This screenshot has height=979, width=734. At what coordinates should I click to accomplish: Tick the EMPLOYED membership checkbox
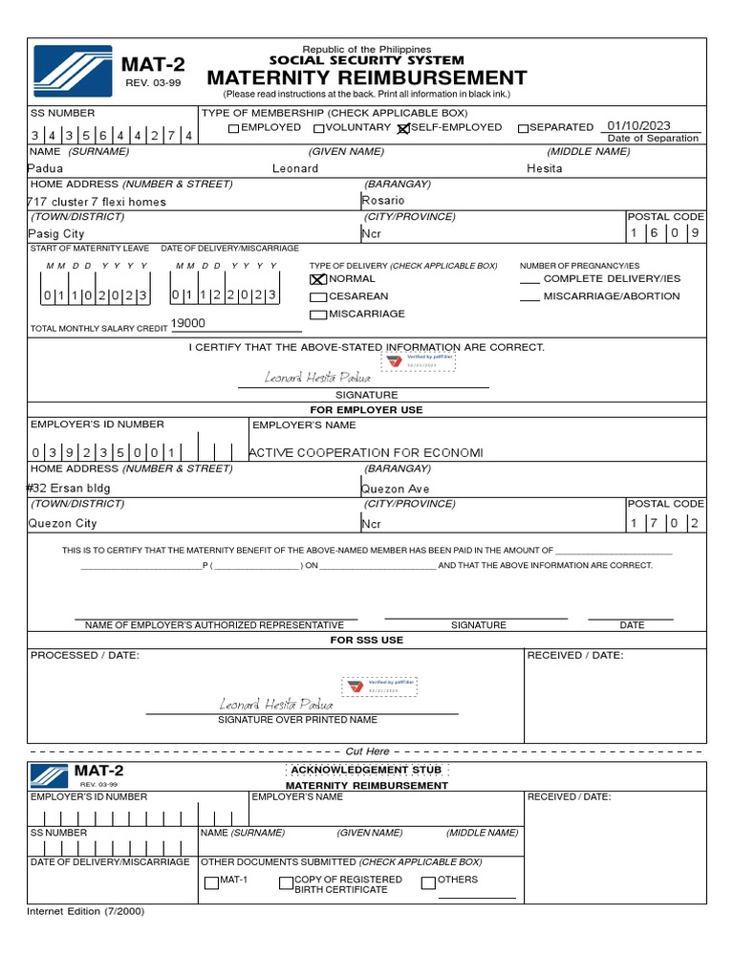[x=234, y=128]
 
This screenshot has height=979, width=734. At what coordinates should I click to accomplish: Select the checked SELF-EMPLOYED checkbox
[x=403, y=128]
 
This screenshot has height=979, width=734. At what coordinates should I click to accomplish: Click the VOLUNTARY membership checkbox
[x=319, y=128]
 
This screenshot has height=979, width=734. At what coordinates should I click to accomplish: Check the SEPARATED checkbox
[x=523, y=128]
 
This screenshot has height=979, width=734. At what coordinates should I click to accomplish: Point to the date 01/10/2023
[x=638, y=126]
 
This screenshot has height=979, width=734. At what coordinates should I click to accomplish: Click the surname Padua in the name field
[x=46, y=168]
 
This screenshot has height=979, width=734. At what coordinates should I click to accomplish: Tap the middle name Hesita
[x=545, y=168]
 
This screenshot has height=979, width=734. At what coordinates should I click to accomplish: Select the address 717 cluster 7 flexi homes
[x=97, y=202]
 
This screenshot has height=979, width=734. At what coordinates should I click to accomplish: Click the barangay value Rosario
[x=383, y=201]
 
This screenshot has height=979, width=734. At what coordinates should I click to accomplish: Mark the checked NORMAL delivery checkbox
[x=318, y=279]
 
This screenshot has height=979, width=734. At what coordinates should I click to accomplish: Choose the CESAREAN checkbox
[x=318, y=297]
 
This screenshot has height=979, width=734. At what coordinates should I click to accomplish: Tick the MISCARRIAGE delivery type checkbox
[x=318, y=315]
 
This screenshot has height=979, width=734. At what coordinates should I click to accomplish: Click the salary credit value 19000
[x=187, y=324]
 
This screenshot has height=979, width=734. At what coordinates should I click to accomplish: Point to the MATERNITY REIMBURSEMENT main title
[x=366, y=78]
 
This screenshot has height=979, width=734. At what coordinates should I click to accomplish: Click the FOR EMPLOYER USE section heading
[x=366, y=409]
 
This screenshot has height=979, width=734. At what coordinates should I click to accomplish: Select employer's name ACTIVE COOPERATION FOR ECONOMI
[x=366, y=452]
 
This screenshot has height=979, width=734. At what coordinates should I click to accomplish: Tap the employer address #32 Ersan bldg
[x=69, y=489]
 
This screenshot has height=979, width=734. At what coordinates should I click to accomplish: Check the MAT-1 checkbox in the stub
[x=211, y=883]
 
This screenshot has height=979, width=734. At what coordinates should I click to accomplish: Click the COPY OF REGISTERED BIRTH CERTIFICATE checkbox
[x=286, y=883]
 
